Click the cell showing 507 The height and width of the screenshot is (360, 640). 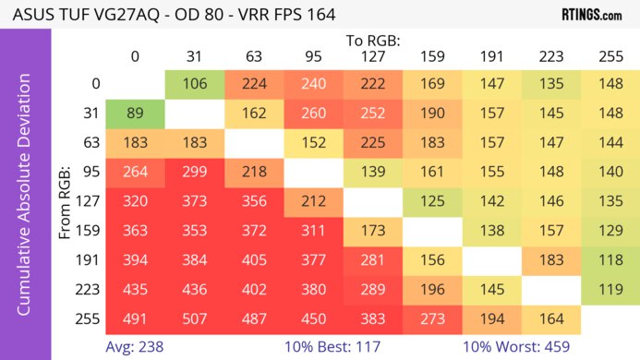pyautogui.click(x=194, y=318)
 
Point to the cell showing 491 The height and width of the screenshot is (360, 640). pyautogui.click(x=135, y=318)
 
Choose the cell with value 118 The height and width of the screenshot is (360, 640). pyautogui.click(x=610, y=260)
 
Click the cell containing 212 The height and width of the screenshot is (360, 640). pyautogui.click(x=313, y=202)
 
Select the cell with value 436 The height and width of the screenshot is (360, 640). pyautogui.click(x=194, y=290)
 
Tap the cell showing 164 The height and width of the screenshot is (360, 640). pyautogui.click(x=550, y=318)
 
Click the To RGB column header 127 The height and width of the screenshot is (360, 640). pyautogui.click(x=372, y=56)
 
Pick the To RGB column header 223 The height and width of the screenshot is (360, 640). pyautogui.click(x=550, y=56)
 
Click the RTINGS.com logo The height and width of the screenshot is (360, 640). pyautogui.click(x=591, y=15)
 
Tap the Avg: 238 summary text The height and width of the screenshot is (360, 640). pyautogui.click(x=137, y=347)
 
